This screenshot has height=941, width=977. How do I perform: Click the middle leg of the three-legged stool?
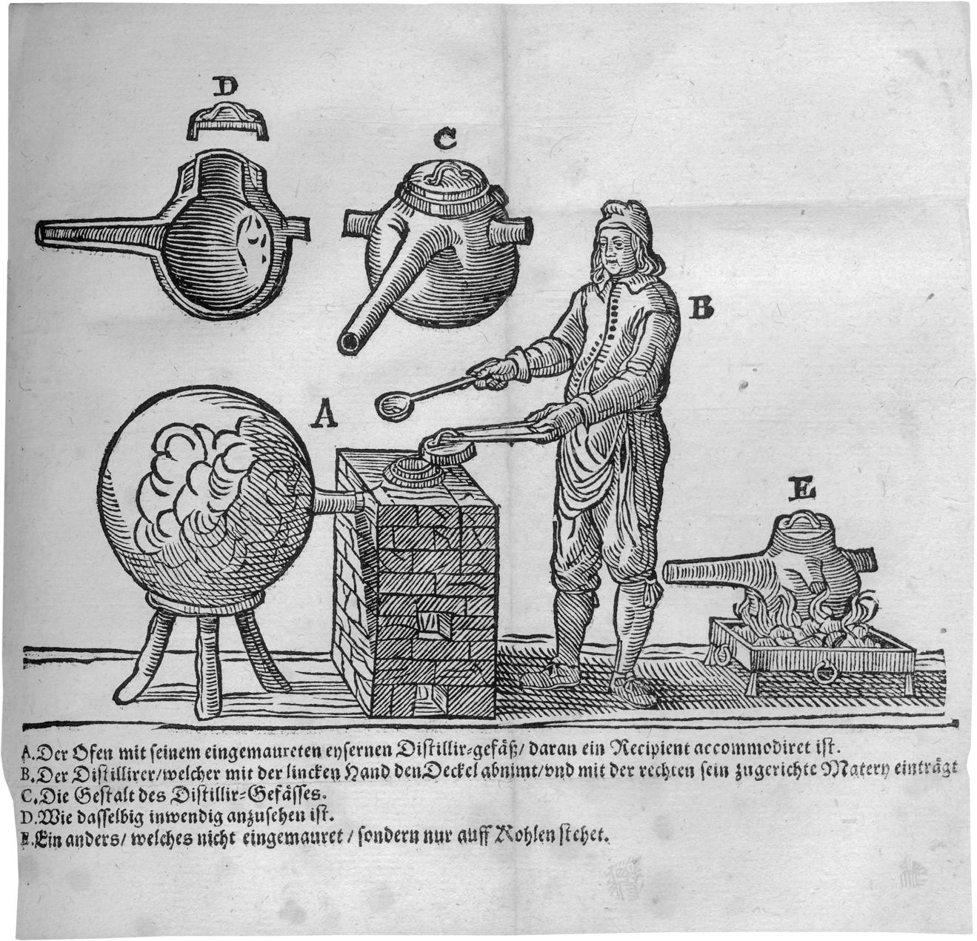click(x=209, y=667)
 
